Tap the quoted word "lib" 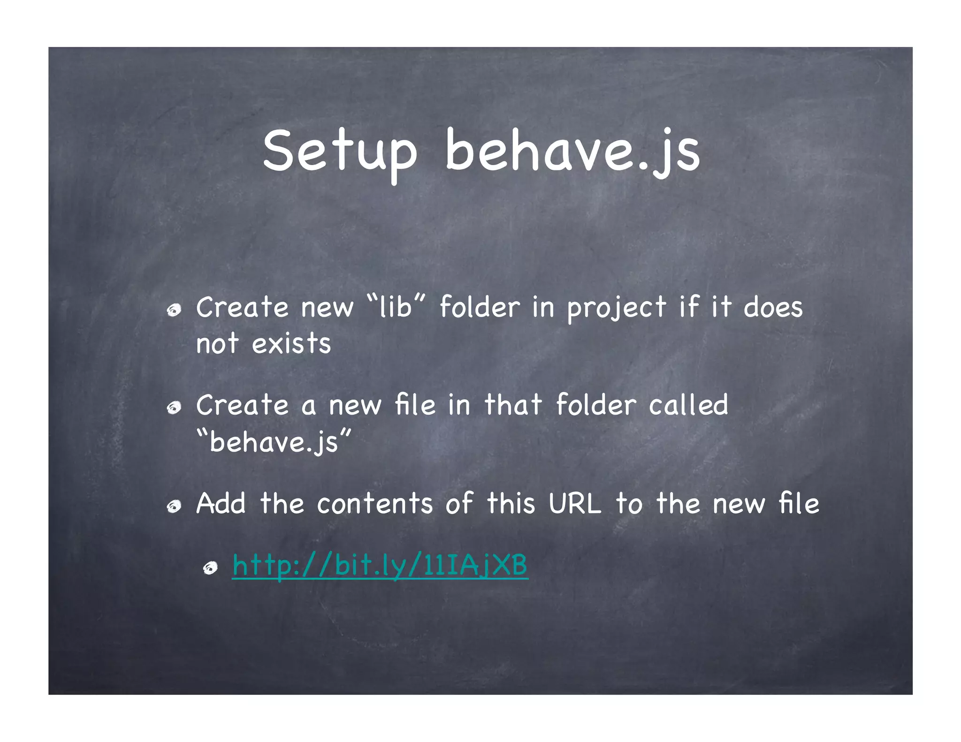[x=395, y=307]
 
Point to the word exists [x=291, y=344]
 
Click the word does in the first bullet [x=773, y=307]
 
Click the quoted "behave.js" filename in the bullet [x=274, y=442]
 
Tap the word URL [x=575, y=504]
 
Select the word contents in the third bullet [x=374, y=504]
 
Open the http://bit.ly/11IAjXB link [x=380, y=565]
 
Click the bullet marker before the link [x=210, y=568]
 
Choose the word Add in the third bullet [x=221, y=504]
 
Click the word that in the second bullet [x=513, y=405]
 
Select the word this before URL [x=511, y=504]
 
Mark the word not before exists [x=217, y=344]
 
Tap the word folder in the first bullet [x=480, y=307]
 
